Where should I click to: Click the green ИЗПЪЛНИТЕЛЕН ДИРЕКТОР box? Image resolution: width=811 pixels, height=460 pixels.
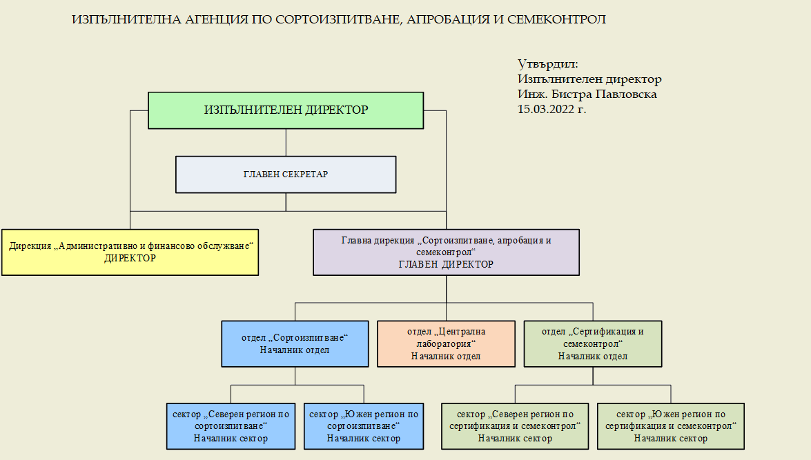tap(286, 110)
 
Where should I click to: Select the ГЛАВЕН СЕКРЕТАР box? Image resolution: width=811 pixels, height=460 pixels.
tap(286, 174)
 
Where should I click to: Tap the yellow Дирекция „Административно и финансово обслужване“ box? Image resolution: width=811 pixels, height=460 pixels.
tap(130, 252)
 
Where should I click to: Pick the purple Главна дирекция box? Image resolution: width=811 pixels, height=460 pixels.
tap(446, 252)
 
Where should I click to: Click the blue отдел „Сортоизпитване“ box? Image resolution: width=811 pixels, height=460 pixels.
tap(295, 343)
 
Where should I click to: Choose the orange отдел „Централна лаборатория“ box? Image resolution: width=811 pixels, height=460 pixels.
tap(446, 343)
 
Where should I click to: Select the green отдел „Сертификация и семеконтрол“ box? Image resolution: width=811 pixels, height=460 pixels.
tap(593, 343)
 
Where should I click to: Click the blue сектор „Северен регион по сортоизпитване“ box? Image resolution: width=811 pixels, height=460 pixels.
tap(231, 426)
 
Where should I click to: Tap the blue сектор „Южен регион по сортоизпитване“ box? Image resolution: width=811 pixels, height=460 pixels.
tap(364, 426)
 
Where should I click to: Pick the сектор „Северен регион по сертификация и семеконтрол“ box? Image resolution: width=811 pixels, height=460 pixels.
tap(515, 426)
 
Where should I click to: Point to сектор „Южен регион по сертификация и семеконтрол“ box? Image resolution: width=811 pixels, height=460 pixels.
tap(670, 426)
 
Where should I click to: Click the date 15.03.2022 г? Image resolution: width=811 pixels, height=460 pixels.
tap(552, 109)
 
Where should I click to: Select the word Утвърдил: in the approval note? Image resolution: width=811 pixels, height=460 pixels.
tap(548, 64)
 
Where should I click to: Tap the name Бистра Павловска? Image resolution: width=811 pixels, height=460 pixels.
tap(604, 94)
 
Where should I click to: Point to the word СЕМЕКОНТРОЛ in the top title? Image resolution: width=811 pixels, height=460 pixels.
tap(556, 19)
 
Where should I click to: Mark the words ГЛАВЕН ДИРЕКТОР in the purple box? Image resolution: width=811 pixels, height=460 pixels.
tap(446, 264)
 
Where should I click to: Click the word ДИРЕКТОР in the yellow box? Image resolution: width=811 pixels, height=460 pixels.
tap(130, 259)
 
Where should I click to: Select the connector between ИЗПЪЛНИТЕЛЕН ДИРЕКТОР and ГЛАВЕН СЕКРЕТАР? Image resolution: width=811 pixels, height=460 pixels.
tap(286, 143)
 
